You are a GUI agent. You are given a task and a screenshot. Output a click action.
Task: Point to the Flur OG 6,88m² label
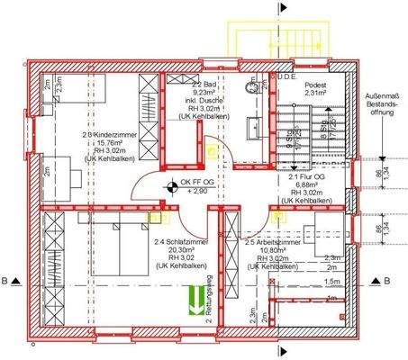coord(303,185)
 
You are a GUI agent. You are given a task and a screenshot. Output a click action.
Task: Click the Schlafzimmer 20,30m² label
coord(176,253)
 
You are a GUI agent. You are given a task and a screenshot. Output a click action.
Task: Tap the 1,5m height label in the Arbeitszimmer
coord(332,282)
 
